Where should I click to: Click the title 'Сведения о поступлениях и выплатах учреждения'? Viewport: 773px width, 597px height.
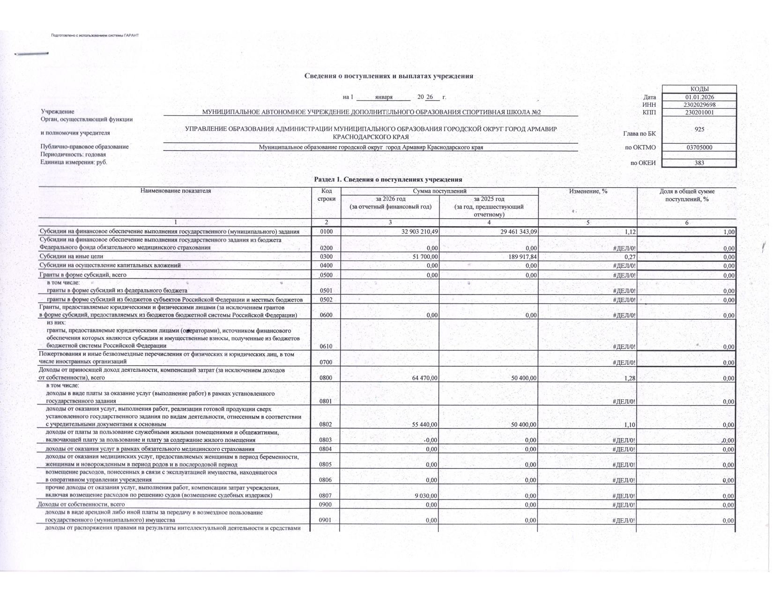tap(388, 76)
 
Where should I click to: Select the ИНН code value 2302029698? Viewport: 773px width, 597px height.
tap(699, 105)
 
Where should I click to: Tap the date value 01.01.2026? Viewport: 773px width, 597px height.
tap(699, 97)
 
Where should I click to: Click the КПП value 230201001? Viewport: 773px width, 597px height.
tap(699, 112)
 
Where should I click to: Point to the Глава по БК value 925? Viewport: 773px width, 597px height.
tap(699, 129)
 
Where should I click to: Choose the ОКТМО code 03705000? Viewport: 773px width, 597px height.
tap(699, 147)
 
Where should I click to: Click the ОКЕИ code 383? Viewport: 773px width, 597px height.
tap(699, 163)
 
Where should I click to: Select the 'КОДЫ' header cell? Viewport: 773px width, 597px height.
tap(699, 89)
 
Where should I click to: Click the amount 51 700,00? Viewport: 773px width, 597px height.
tap(424, 257)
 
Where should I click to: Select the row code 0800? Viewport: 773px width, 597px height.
tap(326, 378)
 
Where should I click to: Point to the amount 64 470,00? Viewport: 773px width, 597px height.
tap(424, 378)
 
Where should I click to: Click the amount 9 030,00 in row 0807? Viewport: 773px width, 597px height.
tap(426, 496)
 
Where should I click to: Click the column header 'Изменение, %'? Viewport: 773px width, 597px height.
tap(587, 191)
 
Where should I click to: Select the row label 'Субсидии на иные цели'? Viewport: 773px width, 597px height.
tap(71, 257)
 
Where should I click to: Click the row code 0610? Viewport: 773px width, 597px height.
tap(326, 346)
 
